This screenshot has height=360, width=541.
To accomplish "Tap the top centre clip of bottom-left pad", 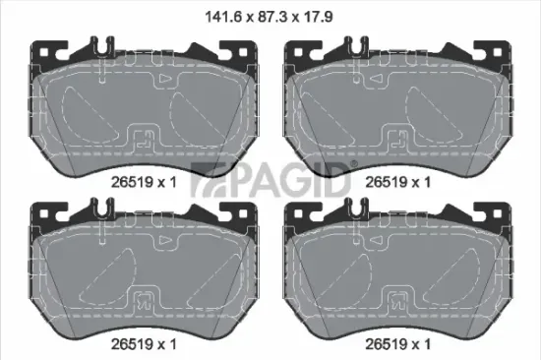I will [x=102, y=208].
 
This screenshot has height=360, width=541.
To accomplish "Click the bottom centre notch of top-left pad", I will [x=143, y=139].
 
